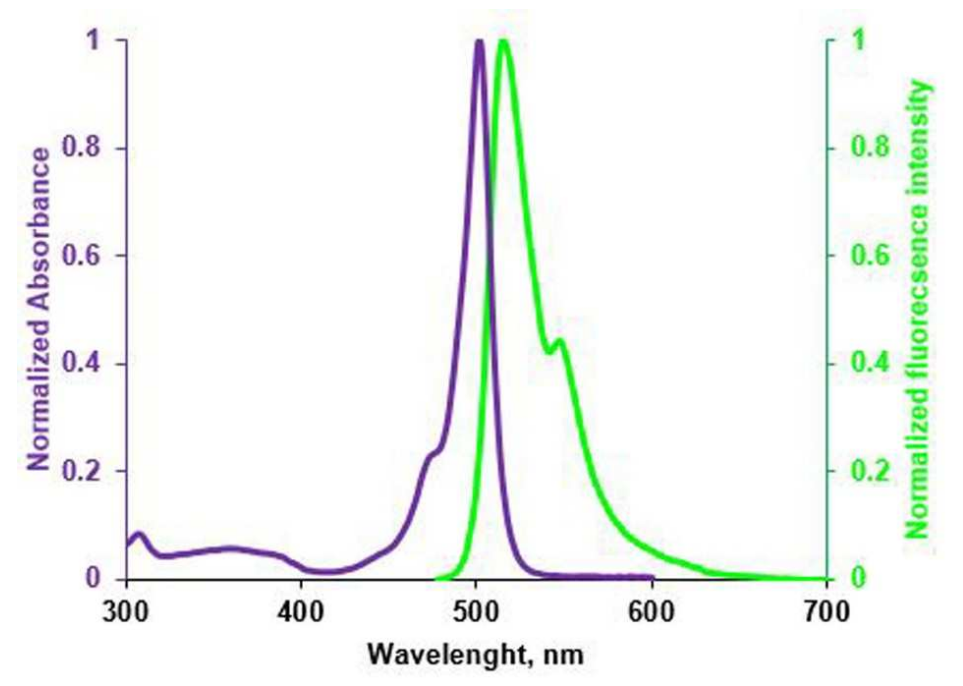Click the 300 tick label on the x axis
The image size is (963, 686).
126,612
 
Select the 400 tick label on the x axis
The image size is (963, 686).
301,612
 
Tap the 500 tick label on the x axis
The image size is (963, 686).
476,612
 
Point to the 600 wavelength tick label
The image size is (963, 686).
652,612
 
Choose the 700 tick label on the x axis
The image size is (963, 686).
826,612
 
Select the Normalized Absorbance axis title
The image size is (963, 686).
39,308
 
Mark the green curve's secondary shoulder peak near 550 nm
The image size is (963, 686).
560,341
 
